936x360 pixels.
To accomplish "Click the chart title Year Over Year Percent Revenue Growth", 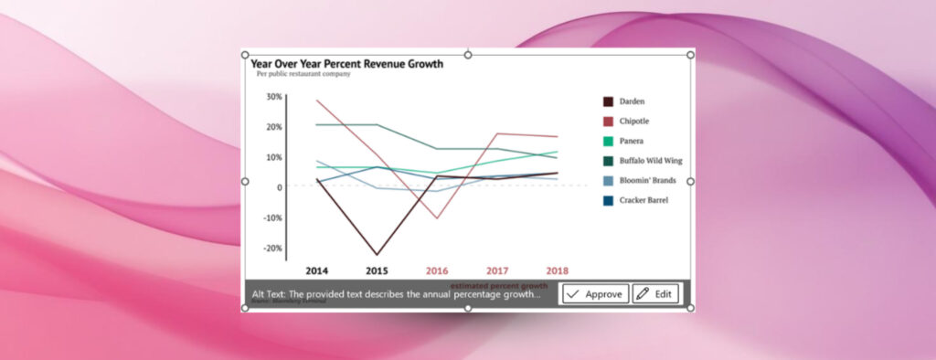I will tap(347, 64).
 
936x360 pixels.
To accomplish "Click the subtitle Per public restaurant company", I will tap(303, 74).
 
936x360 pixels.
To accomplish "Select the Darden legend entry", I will tap(631, 101).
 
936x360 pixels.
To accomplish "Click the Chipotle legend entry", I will tap(633, 122).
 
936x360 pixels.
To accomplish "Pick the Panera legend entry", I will tap(631, 141).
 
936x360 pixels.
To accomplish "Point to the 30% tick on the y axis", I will tap(273, 96).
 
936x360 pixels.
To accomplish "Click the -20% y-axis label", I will tap(272, 248).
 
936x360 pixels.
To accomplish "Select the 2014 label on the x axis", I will tap(317, 271).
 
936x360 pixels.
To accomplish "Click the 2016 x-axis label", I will tap(437, 271).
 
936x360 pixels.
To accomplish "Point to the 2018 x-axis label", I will tap(557, 271).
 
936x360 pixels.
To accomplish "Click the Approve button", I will tap(595, 294).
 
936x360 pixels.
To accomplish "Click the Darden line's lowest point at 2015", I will tap(377, 255).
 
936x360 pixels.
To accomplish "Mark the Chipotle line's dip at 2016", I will tap(437, 218).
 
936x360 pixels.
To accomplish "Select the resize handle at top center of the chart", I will tap(468, 55).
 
